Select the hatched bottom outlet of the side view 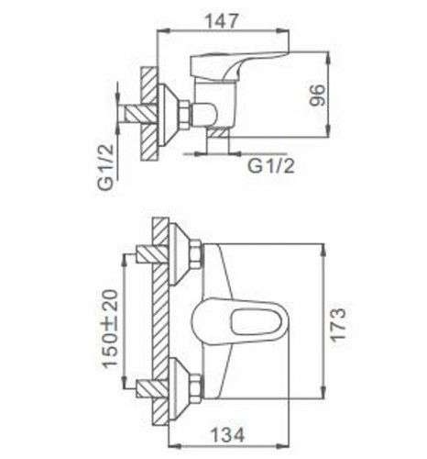(217, 142)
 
